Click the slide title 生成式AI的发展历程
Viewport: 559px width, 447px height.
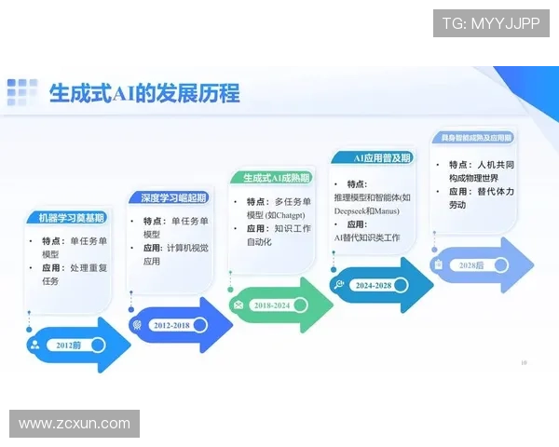pos(144,93)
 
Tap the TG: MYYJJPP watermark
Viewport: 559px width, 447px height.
pos(491,22)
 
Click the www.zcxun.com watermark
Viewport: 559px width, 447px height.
pos(75,424)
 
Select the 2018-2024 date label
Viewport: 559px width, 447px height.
pos(271,305)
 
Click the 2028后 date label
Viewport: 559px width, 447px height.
pos(471,265)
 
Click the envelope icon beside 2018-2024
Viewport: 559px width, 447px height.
pos(239,305)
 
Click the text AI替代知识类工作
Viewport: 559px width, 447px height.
pos(367,238)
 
